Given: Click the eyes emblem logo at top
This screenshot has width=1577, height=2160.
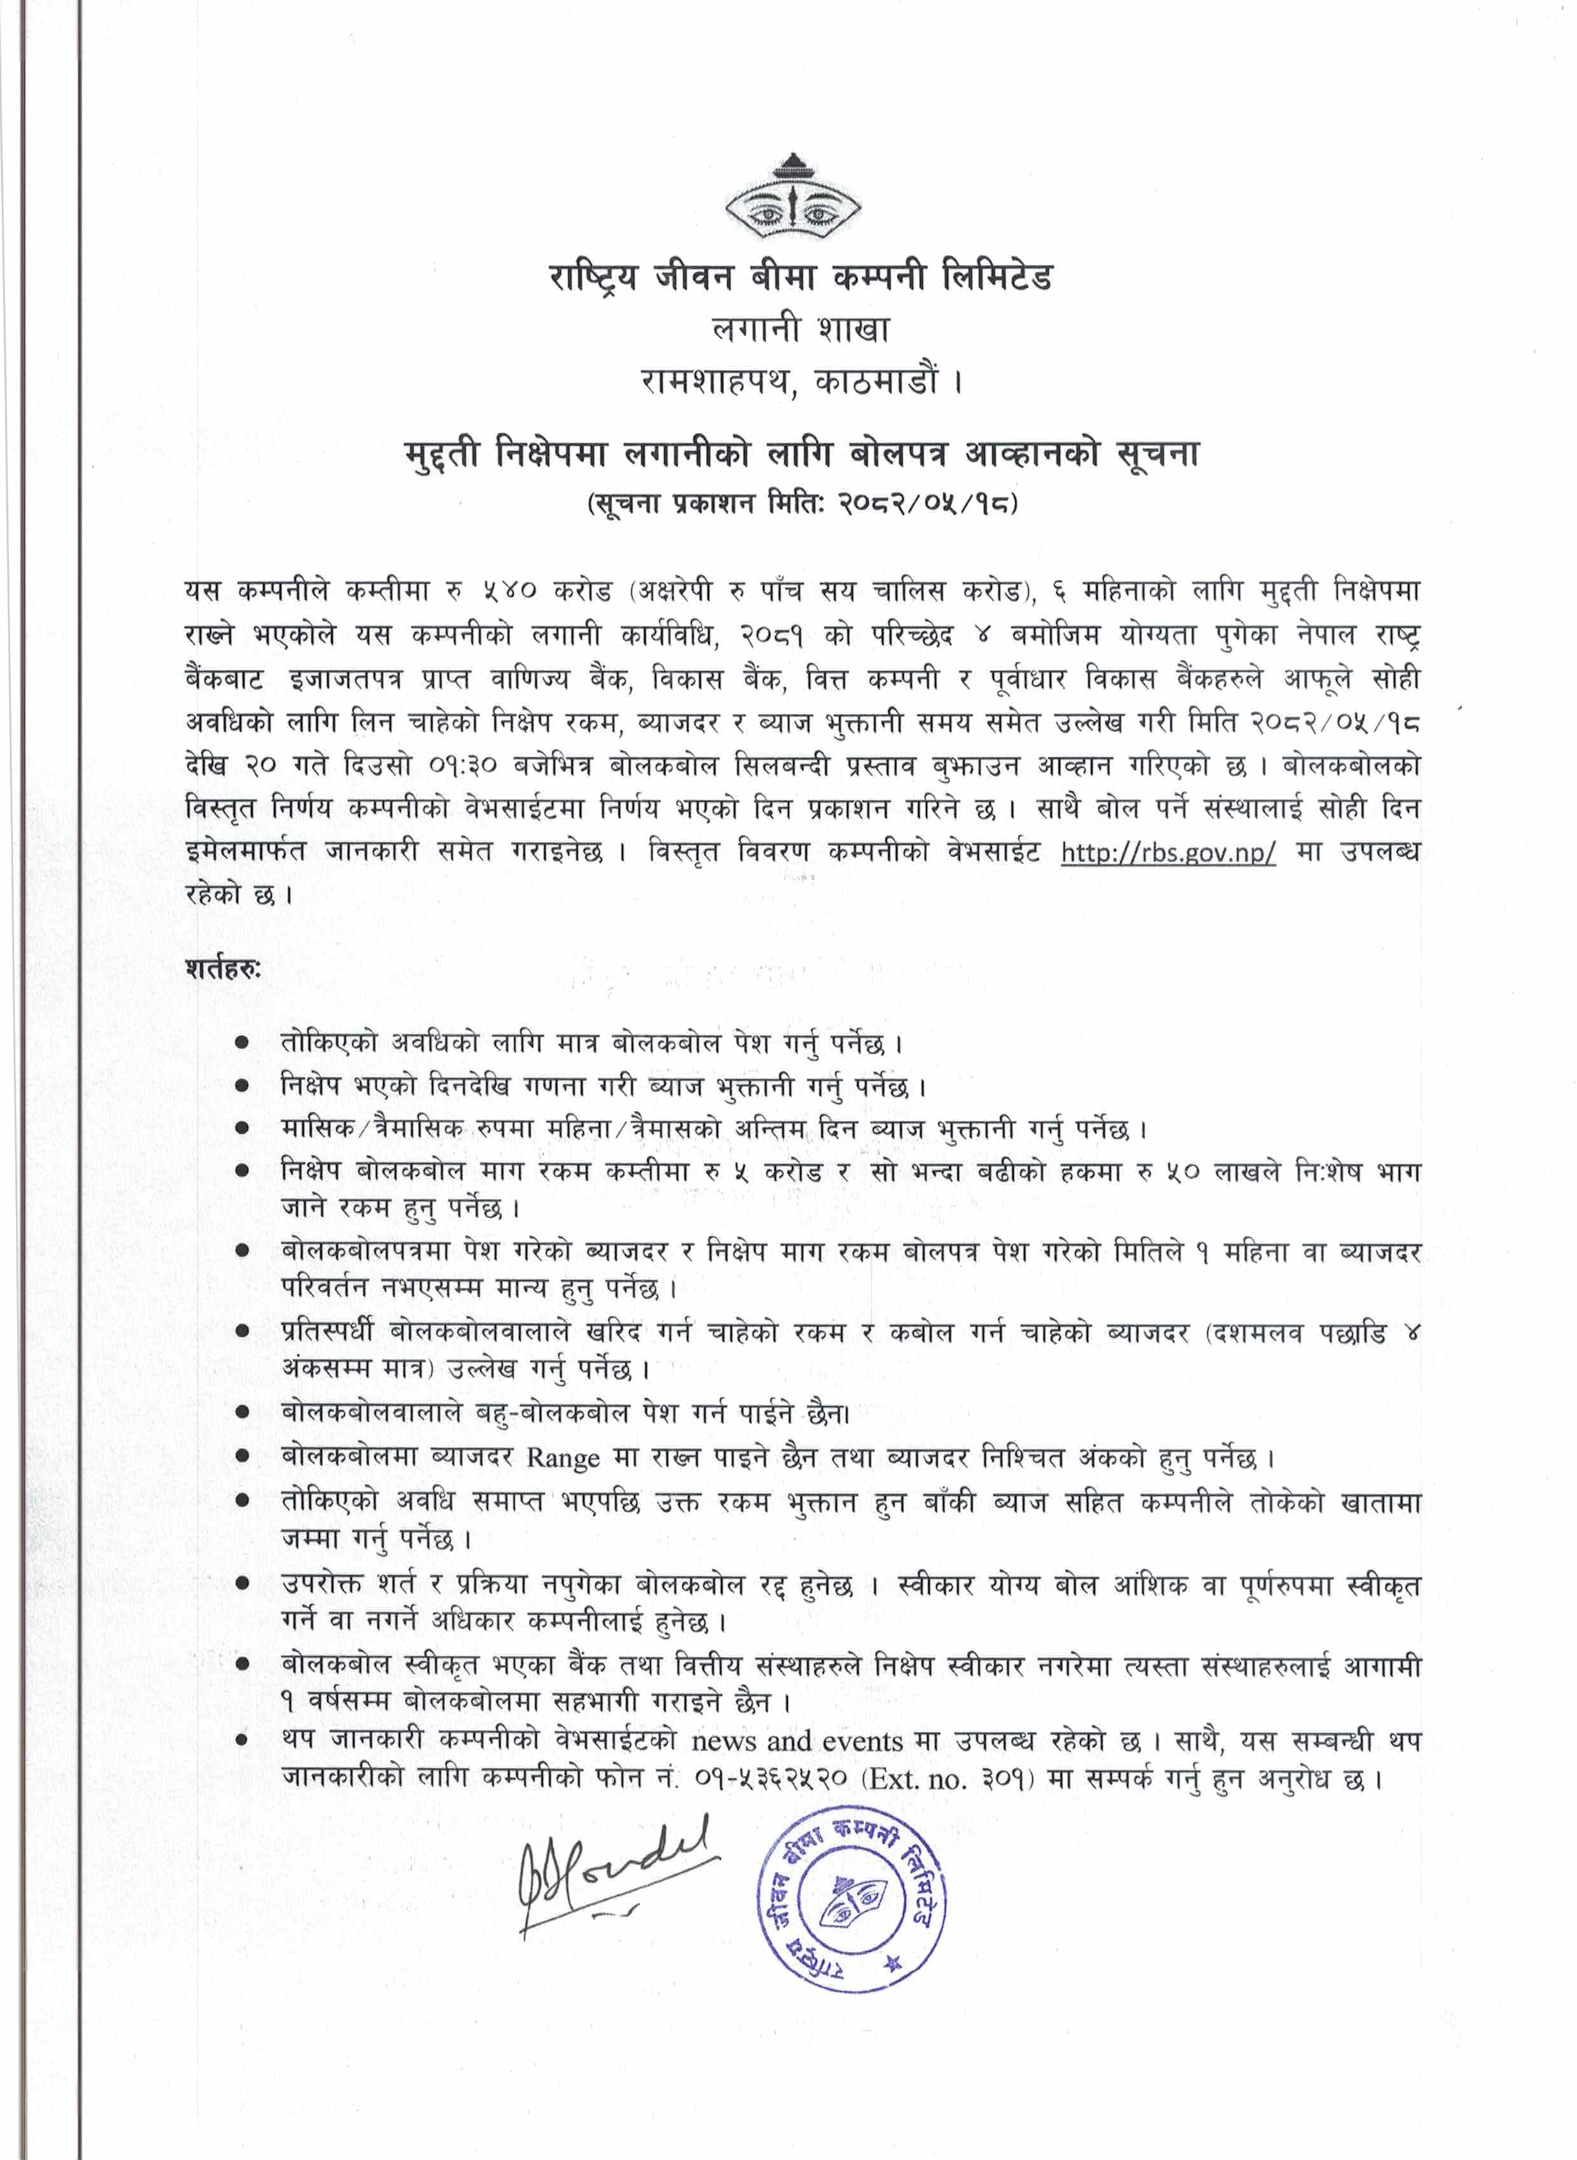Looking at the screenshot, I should (792, 198).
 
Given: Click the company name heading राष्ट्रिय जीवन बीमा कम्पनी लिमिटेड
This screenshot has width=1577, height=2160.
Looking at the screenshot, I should (800, 278).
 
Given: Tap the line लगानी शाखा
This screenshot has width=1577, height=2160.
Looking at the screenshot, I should (800, 330).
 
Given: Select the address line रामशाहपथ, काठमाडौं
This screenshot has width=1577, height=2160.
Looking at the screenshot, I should (800, 383).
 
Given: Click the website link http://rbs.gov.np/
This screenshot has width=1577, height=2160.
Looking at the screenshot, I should (1167, 852).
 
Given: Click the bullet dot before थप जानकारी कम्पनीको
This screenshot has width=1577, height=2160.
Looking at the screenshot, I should (244, 1741).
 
